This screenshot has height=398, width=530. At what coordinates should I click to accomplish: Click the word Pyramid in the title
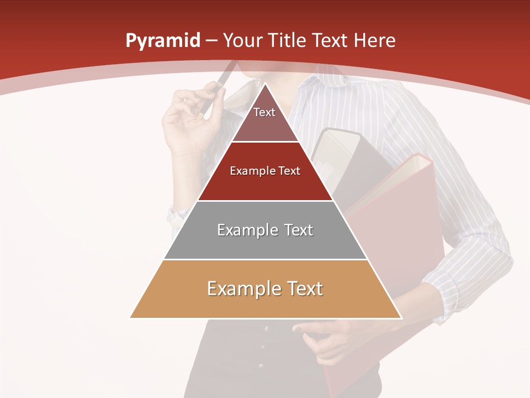tap(163, 41)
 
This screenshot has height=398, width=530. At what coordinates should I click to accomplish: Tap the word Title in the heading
tap(288, 41)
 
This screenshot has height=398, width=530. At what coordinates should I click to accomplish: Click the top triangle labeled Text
tap(264, 116)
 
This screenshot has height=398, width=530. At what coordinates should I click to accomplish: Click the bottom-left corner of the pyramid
tap(131, 318)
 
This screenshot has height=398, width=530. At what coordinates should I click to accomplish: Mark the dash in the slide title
tap(211, 41)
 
